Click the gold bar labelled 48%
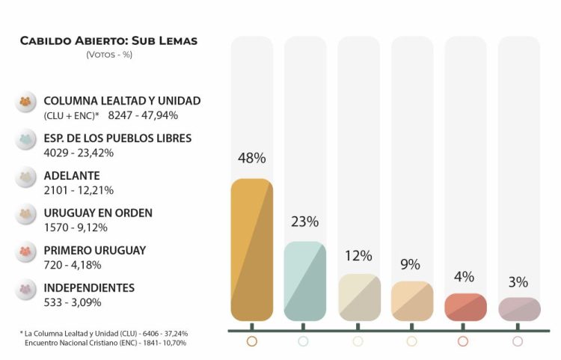coord(252,250)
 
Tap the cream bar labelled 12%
coord(359,297)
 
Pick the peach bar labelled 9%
coord(412,301)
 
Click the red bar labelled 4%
coord(465,307)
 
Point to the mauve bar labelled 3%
coord(519,309)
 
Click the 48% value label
coord(252,158)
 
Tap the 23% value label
coord(305,222)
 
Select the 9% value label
coord(411,264)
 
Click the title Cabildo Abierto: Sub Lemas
coord(109,40)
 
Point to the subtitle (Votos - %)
coord(109,55)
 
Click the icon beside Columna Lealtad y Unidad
coord(26,102)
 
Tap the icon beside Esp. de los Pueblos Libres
coord(26,139)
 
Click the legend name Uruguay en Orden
coord(98,213)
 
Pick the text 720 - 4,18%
coord(73,264)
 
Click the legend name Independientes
coord(89,288)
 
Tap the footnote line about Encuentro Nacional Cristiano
coord(105,343)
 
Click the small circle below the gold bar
coord(251,341)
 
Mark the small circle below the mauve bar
coord(518,341)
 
